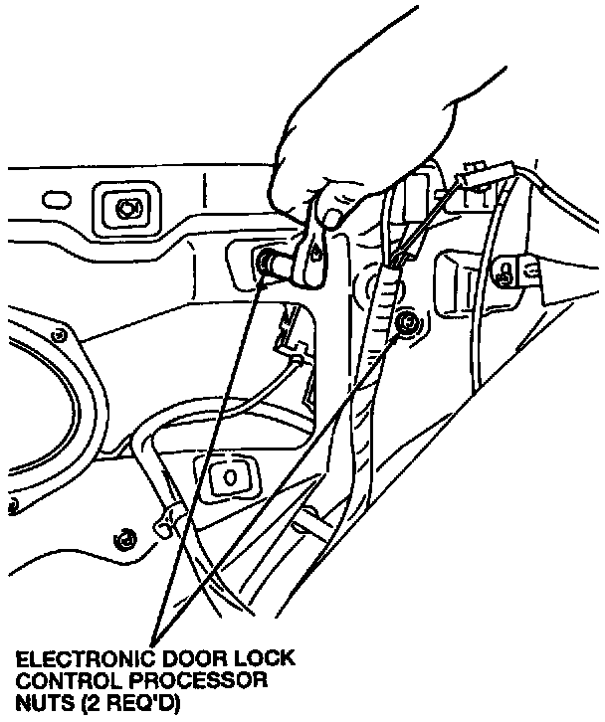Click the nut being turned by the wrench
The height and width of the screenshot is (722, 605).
pos(267,264)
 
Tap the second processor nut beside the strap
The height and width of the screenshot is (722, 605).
pos(406,323)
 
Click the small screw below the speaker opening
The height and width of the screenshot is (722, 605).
pos(124,540)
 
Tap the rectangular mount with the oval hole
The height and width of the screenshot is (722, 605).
pos(228,476)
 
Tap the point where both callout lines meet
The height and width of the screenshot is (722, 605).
pos(156,636)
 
